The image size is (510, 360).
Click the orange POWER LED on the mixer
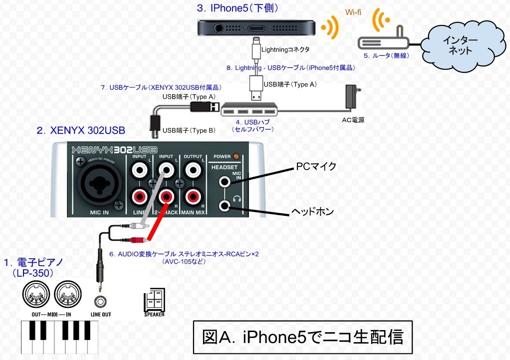[236, 157]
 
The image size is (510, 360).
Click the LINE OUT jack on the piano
[101, 302]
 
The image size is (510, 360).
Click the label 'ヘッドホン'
[312, 212]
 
